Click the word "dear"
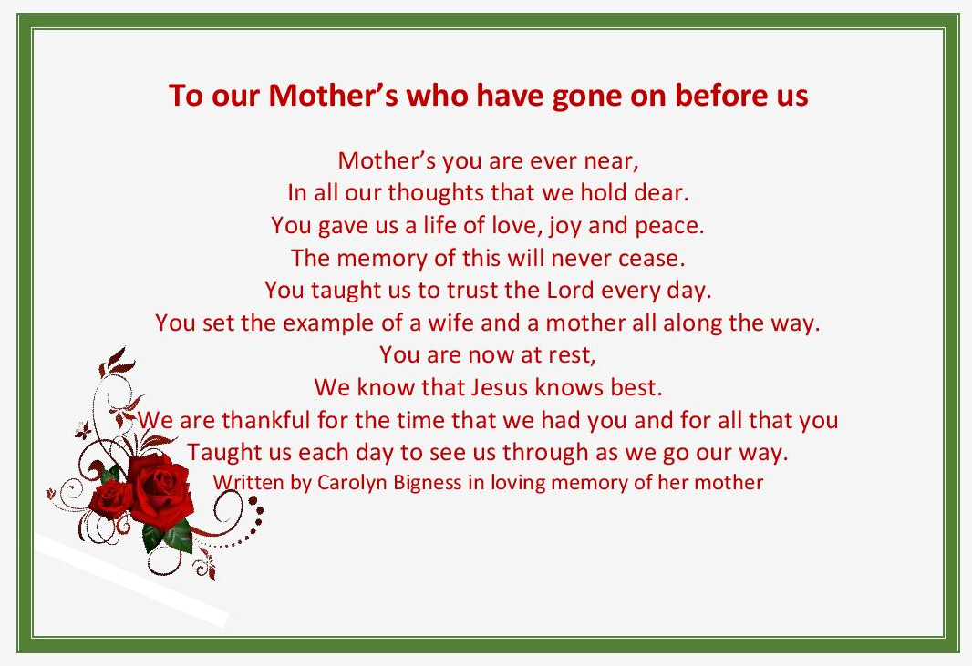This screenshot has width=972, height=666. pyautogui.click(x=657, y=193)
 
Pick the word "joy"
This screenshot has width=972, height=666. pyautogui.click(x=564, y=226)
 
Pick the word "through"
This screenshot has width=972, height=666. pyautogui.click(x=565, y=453)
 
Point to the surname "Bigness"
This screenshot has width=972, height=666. pyautogui.click(x=428, y=482)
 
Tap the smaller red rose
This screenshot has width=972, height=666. pyautogui.click(x=112, y=499)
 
